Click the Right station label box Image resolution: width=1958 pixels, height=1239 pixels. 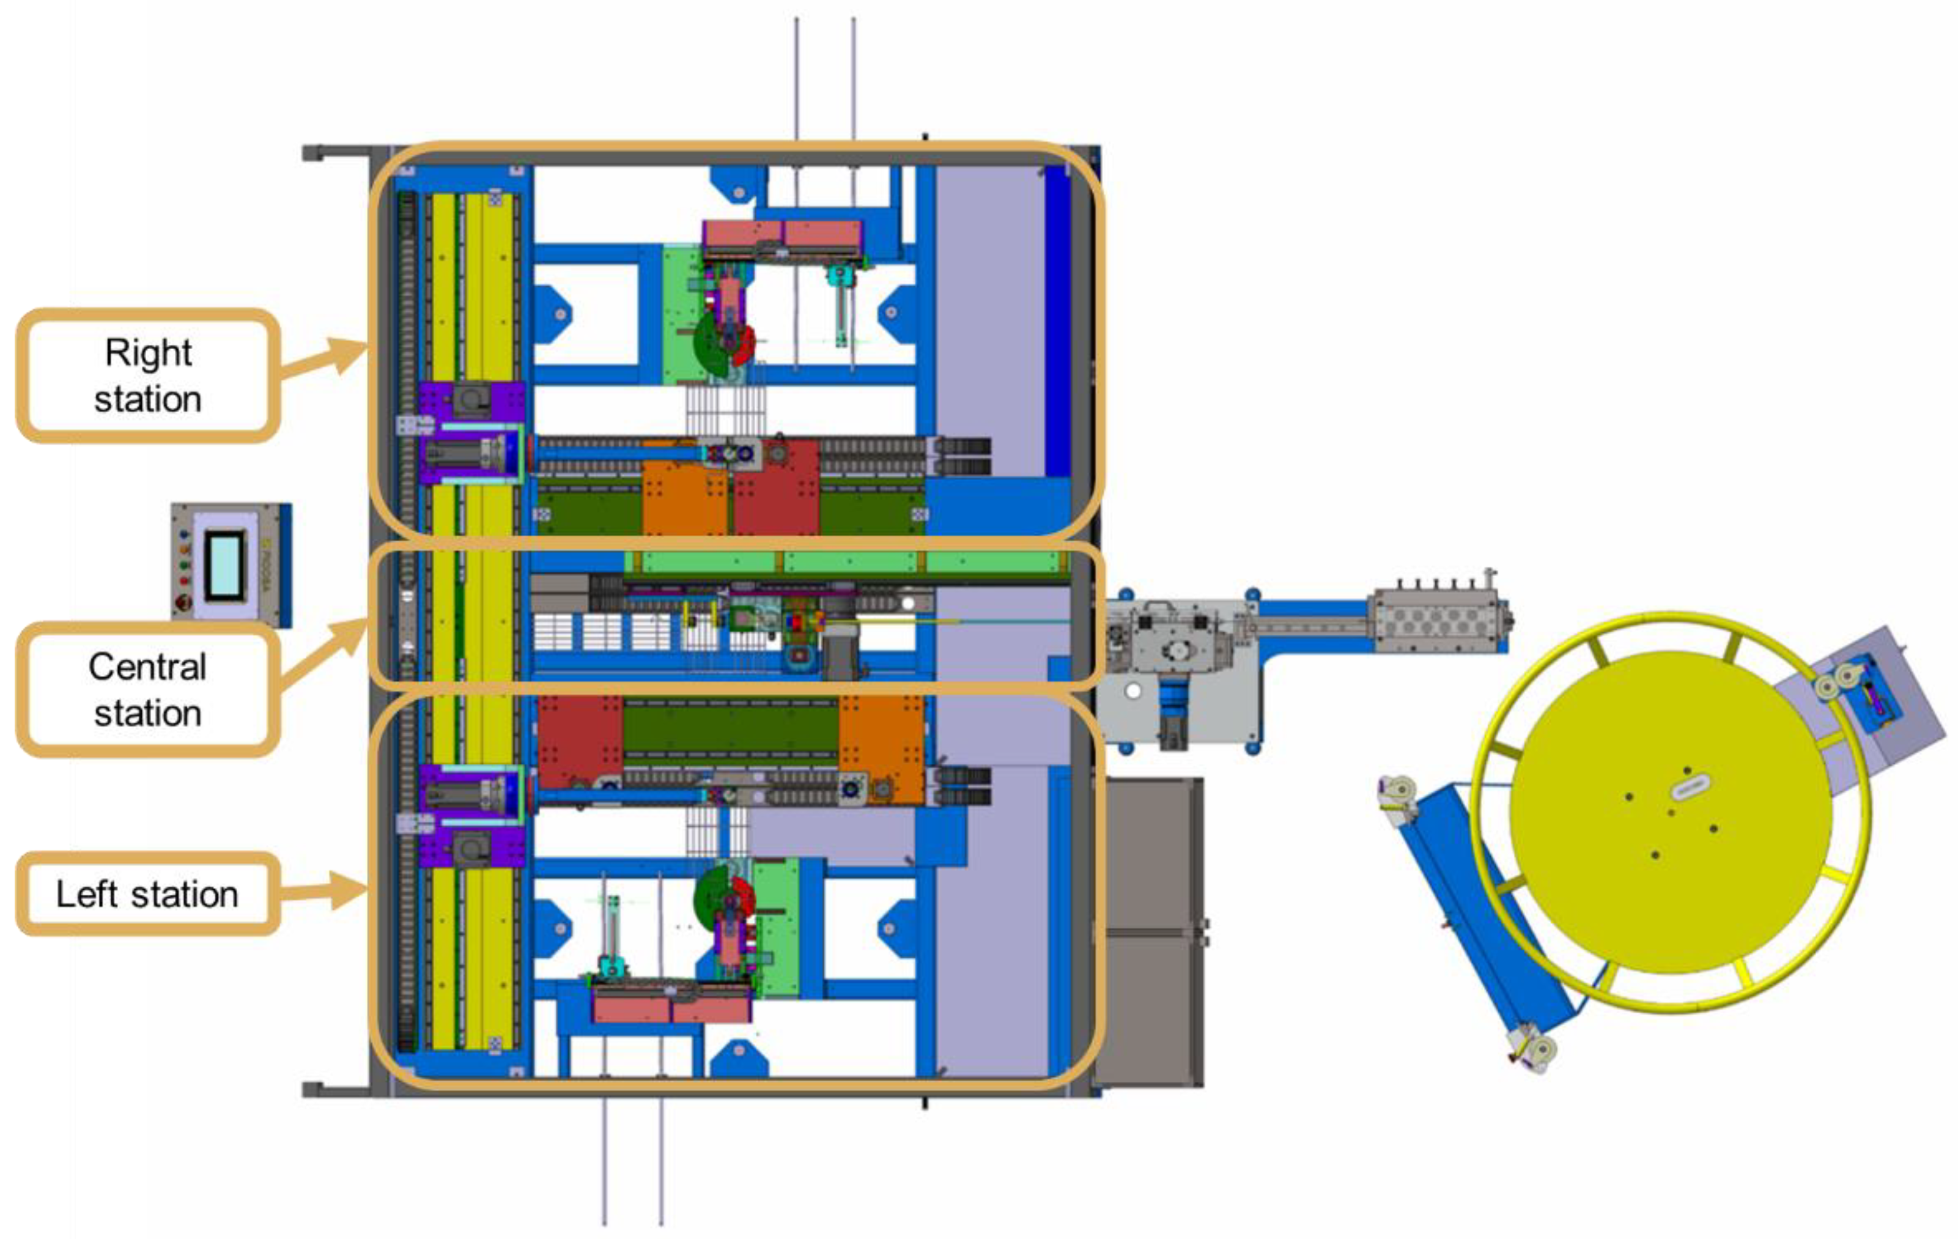(x=148, y=375)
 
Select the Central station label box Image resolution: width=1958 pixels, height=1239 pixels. (x=148, y=689)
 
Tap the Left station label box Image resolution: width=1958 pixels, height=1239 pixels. (x=148, y=893)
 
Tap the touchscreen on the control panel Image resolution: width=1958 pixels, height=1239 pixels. (x=224, y=564)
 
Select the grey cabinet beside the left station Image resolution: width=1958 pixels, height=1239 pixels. (x=1148, y=931)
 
